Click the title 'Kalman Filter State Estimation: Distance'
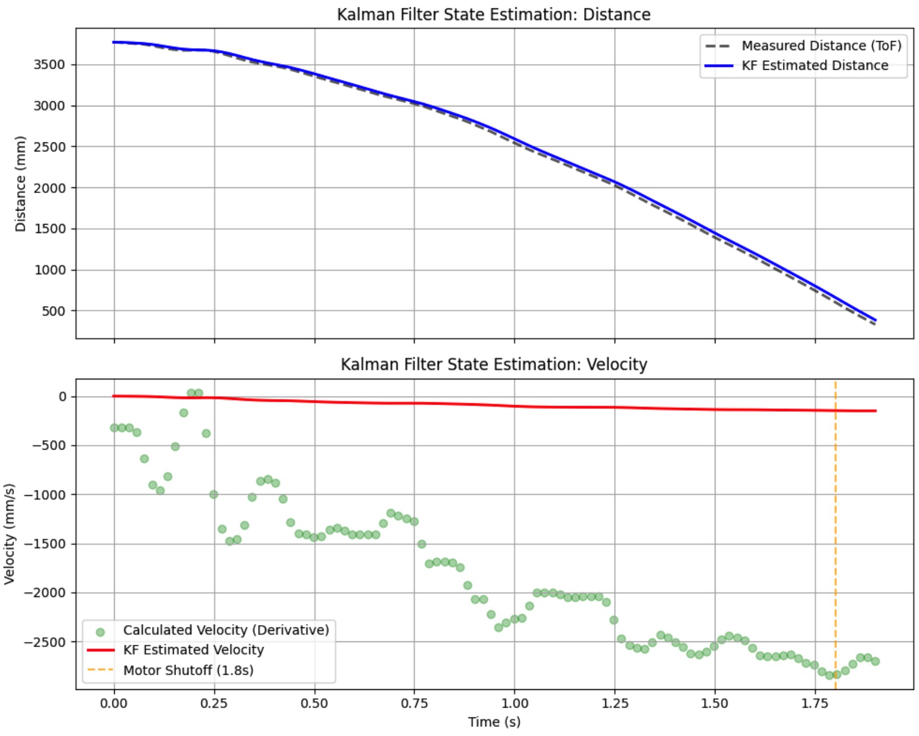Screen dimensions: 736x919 coord(493,14)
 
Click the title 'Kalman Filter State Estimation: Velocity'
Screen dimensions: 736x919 coord(493,364)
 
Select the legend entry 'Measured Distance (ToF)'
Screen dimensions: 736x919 coord(821,46)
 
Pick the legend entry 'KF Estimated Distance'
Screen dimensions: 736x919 coord(814,65)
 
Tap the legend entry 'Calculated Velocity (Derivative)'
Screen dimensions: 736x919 coord(226,630)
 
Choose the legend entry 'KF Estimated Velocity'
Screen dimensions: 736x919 coord(193,650)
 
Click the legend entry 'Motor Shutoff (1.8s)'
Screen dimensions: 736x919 coord(188,670)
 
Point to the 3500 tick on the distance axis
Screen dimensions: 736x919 coord(49,65)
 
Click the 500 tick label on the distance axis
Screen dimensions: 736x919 coord(53,311)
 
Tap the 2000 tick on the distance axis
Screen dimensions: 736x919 coord(49,188)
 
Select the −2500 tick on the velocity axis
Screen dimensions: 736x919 coord(45,642)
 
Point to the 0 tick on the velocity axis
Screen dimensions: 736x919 coord(62,397)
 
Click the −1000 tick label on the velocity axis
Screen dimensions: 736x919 coord(45,495)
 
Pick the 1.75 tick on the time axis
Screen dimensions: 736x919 coord(814,703)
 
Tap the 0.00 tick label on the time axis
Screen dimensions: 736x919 coord(114,703)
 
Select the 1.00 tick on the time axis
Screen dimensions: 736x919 coord(514,703)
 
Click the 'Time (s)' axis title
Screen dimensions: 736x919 coord(494,722)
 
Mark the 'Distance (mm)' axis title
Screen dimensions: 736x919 coord(21,183)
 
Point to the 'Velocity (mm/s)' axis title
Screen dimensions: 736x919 coord(9,533)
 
